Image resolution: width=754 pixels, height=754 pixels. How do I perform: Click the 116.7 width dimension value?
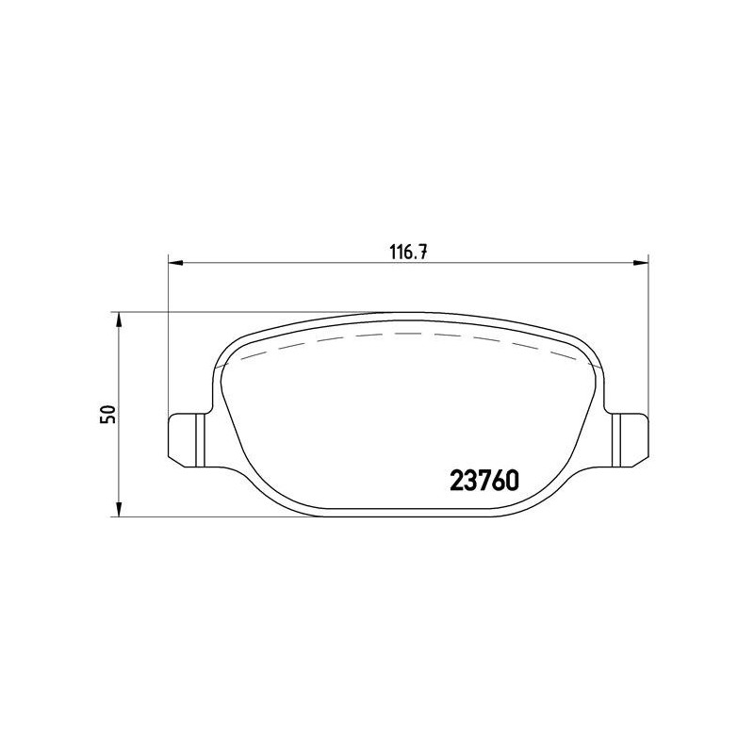tap(408, 252)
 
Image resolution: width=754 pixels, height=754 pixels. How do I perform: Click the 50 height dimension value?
tap(108, 414)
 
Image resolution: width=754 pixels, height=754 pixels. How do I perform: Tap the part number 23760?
tap(484, 481)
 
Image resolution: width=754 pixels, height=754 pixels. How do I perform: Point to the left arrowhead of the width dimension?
tap(176, 263)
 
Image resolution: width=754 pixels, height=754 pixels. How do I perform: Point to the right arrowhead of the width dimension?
tap(641, 263)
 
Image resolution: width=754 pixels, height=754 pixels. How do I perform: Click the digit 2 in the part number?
tap(456, 481)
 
